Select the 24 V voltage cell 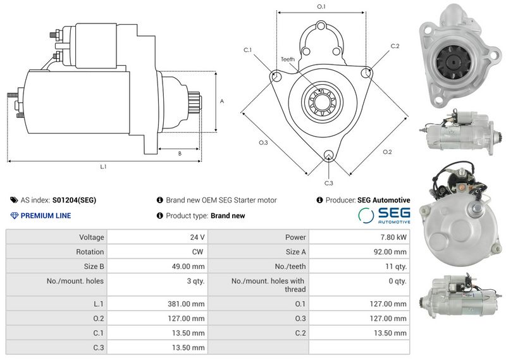(x=197, y=237)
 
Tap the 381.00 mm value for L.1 (x=186, y=304)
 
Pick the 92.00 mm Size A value (x=390, y=252)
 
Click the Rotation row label (x=90, y=252)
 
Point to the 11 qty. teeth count (x=396, y=267)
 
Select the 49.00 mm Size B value (x=188, y=267)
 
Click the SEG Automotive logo (x=384, y=215)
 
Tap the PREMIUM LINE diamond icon (x=14, y=216)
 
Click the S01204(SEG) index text (x=74, y=200)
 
